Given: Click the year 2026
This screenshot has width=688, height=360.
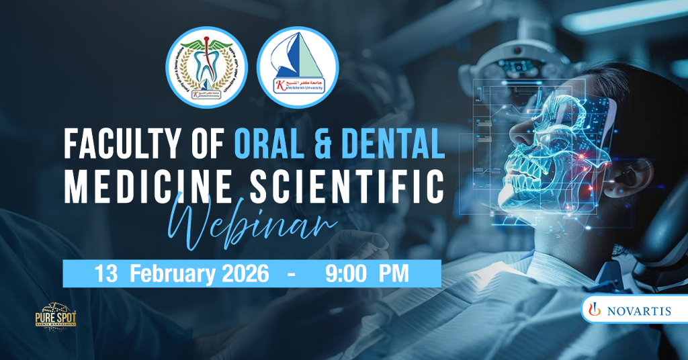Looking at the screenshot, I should pyautogui.click(x=243, y=274).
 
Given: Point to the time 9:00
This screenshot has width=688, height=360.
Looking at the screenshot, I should pyautogui.click(x=343, y=274).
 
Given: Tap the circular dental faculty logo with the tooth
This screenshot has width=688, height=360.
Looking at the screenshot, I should pyautogui.click(x=206, y=67).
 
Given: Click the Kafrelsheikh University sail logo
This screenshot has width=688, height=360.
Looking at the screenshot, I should pyautogui.click(x=298, y=67).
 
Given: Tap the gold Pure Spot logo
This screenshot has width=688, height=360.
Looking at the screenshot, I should pyautogui.click(x=55, y=316).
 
